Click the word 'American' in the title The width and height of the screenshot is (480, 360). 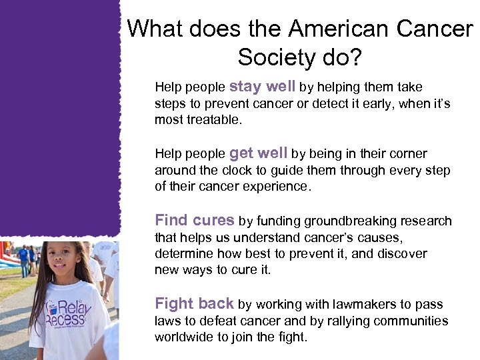tap(338, 29)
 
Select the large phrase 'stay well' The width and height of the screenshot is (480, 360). tap(263, 87)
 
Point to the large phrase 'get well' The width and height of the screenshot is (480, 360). tap(259, 153)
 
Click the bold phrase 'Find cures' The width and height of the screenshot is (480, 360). tap(194, 220)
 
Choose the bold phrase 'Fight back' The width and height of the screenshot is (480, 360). tap(194, 304)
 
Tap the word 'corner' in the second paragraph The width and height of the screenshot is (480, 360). tap(407, 154)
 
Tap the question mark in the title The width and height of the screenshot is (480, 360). tap(355, 58)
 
